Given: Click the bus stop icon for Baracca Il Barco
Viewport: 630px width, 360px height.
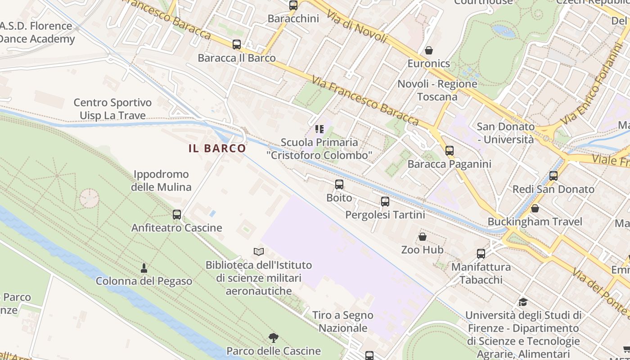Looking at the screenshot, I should click(x=237, y=45).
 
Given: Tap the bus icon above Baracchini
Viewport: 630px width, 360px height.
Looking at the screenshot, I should click(x=293, y=5).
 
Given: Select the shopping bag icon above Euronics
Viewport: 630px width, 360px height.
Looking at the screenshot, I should click(x=429, y=50).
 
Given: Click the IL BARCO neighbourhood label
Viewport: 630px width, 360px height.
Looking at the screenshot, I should click(x=217, y=148).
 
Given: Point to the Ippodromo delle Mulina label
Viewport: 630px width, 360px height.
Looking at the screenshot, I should click(x=161, y=180).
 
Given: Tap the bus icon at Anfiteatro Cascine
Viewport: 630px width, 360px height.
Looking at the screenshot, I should click(x=177, y=215).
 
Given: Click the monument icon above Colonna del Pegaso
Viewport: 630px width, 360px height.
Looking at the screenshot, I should click(x=144, y=268).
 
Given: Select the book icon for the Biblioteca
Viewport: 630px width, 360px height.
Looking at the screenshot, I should click(x=258, y=252).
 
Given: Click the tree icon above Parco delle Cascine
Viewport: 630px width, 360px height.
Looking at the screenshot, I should click(x=273, y=337).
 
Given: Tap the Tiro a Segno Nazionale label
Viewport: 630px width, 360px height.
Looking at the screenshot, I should click(x=343, y=322).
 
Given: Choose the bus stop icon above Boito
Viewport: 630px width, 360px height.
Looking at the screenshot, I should click(x=339, y=184).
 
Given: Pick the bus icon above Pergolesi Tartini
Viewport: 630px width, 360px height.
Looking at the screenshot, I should click(x=385, y=202).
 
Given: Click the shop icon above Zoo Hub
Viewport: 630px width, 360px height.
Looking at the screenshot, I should click(x=423, y=236).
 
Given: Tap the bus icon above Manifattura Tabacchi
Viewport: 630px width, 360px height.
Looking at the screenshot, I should click(x=481, y=254).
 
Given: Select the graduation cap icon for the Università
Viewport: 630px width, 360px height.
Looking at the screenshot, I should click(x=522, y=302).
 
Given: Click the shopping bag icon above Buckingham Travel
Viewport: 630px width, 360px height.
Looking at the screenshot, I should click(x=535, y=208).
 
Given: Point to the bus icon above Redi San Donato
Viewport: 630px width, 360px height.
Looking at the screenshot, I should click(x=553, y=176).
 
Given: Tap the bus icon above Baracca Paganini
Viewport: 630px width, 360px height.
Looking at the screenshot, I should click(x=449, y=151).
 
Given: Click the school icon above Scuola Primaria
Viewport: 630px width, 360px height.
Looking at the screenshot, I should click(x=319, y=130).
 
